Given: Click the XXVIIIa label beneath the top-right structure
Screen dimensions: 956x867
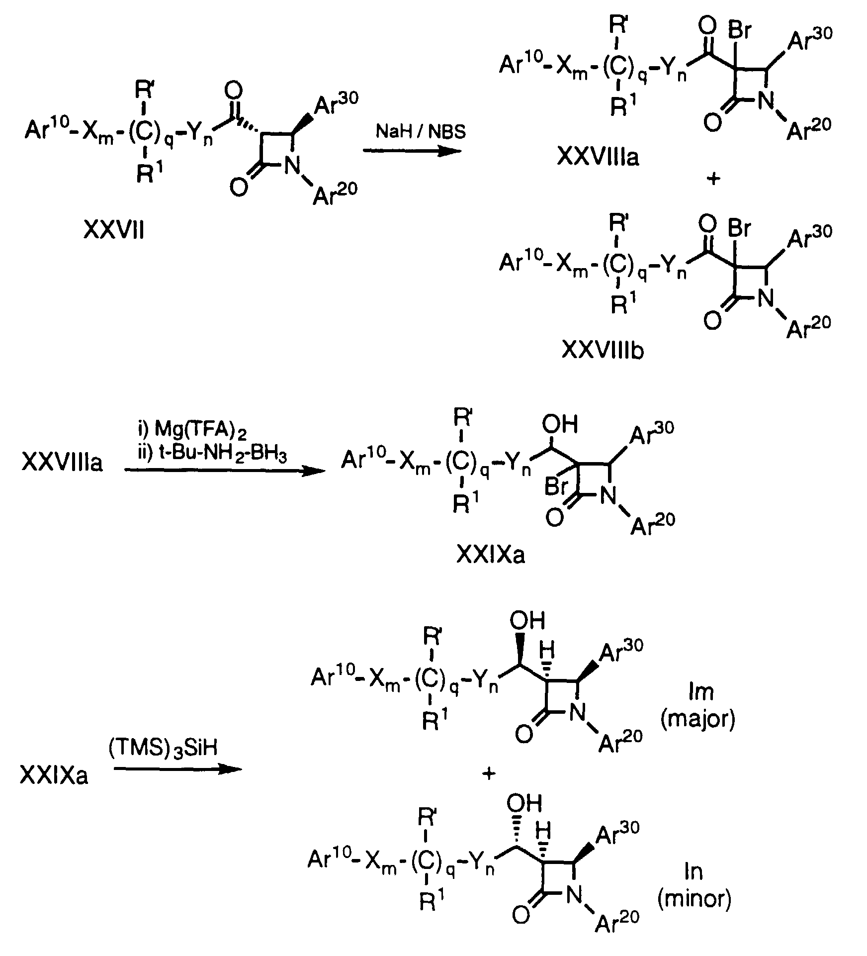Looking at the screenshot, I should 598,157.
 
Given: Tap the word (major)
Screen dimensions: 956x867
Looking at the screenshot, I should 697,720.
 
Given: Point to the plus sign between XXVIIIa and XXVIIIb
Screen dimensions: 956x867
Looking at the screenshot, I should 713,179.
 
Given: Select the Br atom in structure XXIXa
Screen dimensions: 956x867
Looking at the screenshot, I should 556,486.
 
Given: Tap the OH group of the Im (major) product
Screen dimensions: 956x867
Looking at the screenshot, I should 527,620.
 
